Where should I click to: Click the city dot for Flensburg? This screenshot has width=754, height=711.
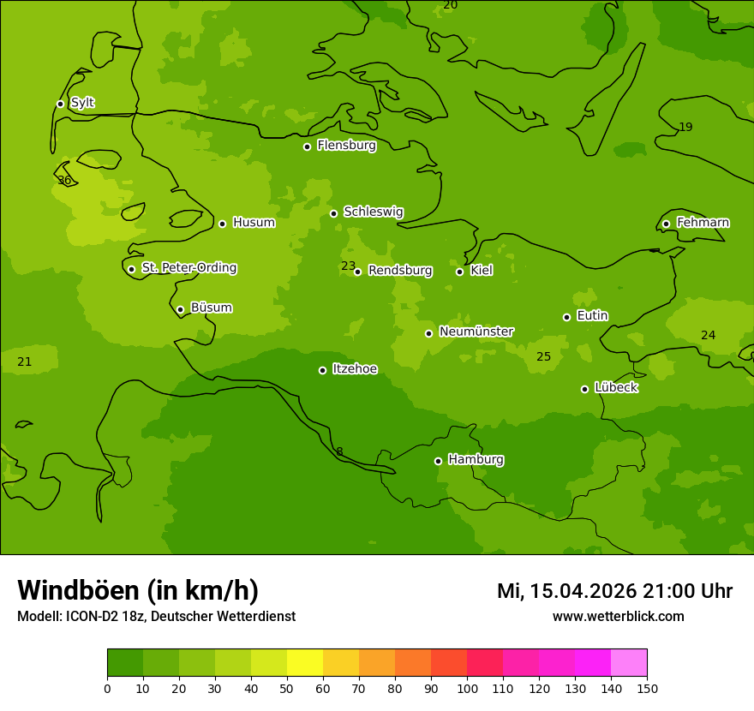pos(307,146)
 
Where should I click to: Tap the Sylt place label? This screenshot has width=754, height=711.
pos(82,103)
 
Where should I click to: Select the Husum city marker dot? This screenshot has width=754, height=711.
pos(222,224)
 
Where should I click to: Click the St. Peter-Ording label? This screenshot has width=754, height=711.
pos(188,268)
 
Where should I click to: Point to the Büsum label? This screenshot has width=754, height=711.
pos(211,308)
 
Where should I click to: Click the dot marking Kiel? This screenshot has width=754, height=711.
pos(459,272)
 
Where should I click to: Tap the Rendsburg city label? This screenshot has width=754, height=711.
pos(400,271)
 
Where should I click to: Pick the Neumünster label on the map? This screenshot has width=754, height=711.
pos(476,332)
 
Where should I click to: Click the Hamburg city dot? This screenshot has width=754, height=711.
pos(438,461)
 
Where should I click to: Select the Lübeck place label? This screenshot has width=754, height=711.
pos(615,387)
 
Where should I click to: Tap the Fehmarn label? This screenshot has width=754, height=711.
pos(703,223)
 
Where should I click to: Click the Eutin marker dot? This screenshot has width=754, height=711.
pos(566,317)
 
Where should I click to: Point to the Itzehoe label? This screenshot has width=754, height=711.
pos(355,369)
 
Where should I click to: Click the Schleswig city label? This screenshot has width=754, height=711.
pos(373,212)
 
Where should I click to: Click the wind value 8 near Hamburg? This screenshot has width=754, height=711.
pos(339,452)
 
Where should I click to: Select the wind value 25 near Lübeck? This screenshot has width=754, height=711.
pos(543,356)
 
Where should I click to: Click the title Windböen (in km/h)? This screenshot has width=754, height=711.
pos(138,590)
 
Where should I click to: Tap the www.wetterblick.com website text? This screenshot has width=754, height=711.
pos(618,616)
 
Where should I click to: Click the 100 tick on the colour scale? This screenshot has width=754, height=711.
pos(467,688)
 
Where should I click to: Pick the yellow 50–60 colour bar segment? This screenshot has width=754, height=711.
pos(305,662)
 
